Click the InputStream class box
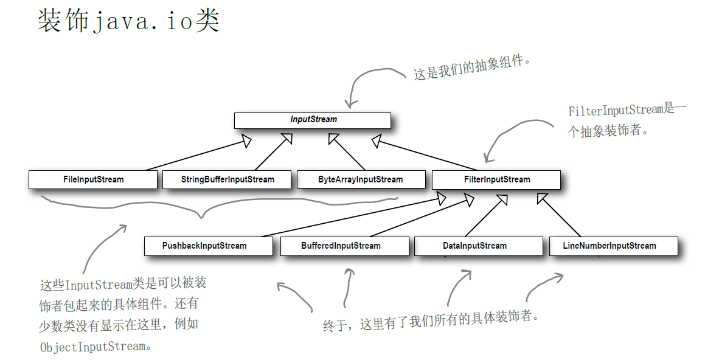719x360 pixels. tap(312, 120)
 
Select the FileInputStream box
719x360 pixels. tap(93, 180)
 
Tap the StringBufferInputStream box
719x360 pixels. tap(228, 180)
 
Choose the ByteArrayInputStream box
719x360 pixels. tap(360, 180)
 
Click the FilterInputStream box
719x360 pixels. tap(496, 180)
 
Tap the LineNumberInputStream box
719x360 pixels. tap(613, 246)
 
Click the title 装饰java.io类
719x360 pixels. tap(128, 22)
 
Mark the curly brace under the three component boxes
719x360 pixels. tap(201, 210)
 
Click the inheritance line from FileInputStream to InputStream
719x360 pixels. tap(195, 156)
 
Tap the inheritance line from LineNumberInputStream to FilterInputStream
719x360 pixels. tap(560, 217)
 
